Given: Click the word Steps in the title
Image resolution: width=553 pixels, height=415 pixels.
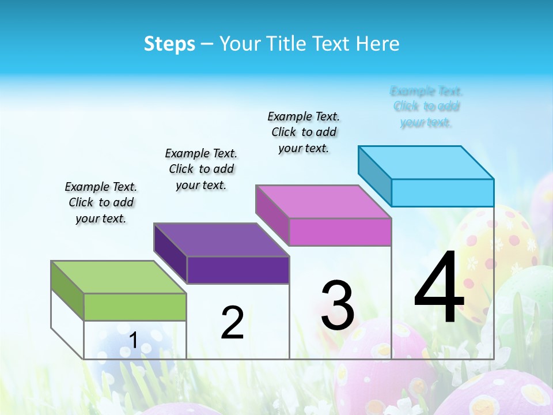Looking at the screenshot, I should point(169,44).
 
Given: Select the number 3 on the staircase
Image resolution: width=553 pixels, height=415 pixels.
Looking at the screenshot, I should point(338,305).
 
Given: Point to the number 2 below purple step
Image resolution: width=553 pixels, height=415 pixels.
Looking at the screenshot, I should point(232,323).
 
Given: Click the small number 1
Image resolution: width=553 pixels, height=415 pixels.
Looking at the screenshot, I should point(133,340).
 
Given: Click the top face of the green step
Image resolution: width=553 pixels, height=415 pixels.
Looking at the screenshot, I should point(118,277).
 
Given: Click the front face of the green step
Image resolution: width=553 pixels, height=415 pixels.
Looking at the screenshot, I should point(135,307).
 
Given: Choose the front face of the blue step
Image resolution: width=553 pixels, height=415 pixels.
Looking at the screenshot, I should point(442,193).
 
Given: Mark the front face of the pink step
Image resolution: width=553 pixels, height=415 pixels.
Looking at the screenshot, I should point(340,232).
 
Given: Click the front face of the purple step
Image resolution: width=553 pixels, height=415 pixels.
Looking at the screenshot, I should point(237,270).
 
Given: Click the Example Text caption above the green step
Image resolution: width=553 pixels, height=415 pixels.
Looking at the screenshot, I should point(101,202).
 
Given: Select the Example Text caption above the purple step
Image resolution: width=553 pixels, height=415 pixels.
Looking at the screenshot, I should point(201,169).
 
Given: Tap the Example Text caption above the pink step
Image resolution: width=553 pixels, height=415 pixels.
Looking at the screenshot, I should point(304,132).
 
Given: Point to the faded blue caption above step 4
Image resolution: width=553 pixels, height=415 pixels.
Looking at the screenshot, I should point(426,107).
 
